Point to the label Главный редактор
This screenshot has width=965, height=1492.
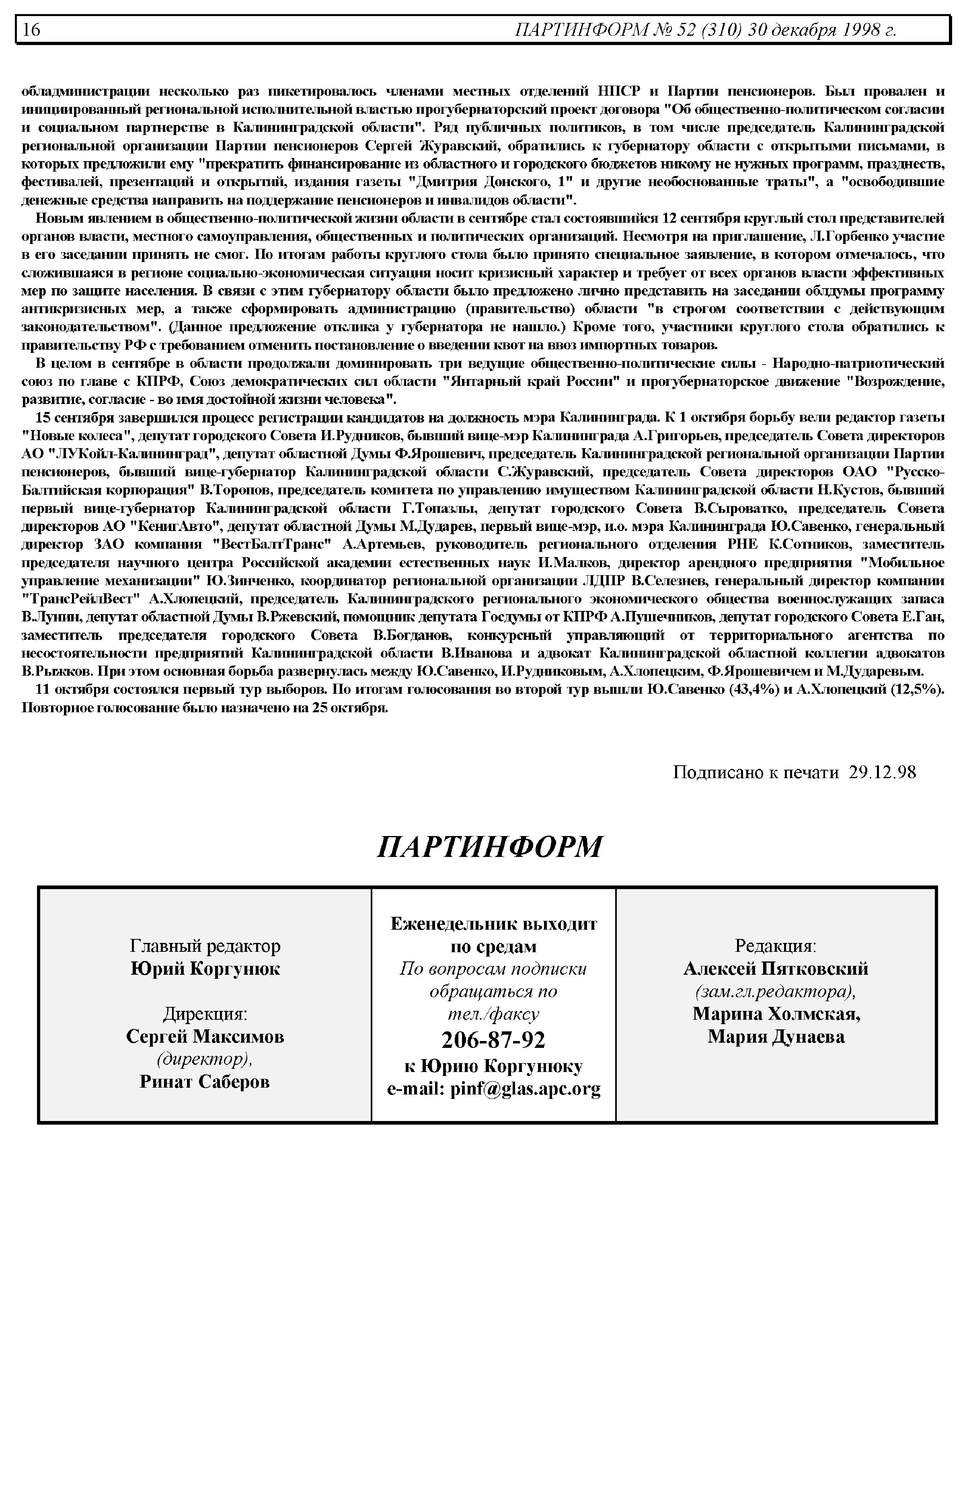point(205,945)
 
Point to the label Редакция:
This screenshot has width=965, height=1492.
point(775,945)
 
